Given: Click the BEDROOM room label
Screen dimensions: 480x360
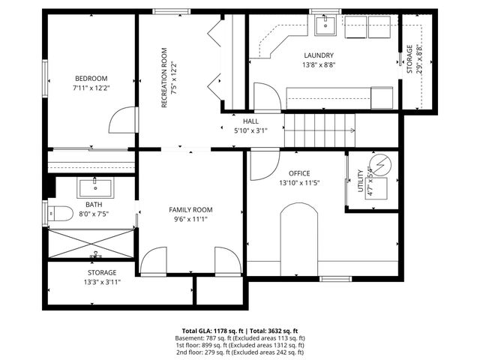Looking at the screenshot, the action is coord(91,78).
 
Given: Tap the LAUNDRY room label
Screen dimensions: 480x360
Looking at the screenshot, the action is coord(319,55).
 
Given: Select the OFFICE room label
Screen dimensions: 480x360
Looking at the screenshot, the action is coord(299,173).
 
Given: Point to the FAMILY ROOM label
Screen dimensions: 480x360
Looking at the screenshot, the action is coord(190,210).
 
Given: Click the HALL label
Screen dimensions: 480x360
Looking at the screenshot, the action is coord(250,121).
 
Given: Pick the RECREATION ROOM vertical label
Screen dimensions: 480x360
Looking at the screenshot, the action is coord(164,78).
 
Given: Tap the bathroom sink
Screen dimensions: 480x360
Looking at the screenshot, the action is coord(95,188).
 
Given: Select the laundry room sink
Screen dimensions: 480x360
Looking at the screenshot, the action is coord(325,25).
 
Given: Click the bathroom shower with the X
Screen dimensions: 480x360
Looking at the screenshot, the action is coord(91,244).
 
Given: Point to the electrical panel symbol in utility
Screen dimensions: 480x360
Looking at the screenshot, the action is coord(380,165).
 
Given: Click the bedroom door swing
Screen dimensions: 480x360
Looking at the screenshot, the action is coord(122,120).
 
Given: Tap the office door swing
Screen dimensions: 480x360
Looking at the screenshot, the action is coord(265,165).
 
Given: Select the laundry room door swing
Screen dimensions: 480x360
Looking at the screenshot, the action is coord(267,96).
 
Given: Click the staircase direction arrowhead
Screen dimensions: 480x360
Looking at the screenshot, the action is coord(352,130).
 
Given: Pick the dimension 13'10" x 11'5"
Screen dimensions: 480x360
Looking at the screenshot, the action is coord(299,183).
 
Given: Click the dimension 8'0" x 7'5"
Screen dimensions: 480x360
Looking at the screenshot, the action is coord(94,214).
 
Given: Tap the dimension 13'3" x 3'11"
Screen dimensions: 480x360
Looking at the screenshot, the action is coord(102,282).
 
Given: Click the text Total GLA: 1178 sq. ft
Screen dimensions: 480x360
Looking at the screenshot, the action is coord(213,331).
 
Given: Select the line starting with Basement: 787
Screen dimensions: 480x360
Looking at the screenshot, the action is coord(240,338).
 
